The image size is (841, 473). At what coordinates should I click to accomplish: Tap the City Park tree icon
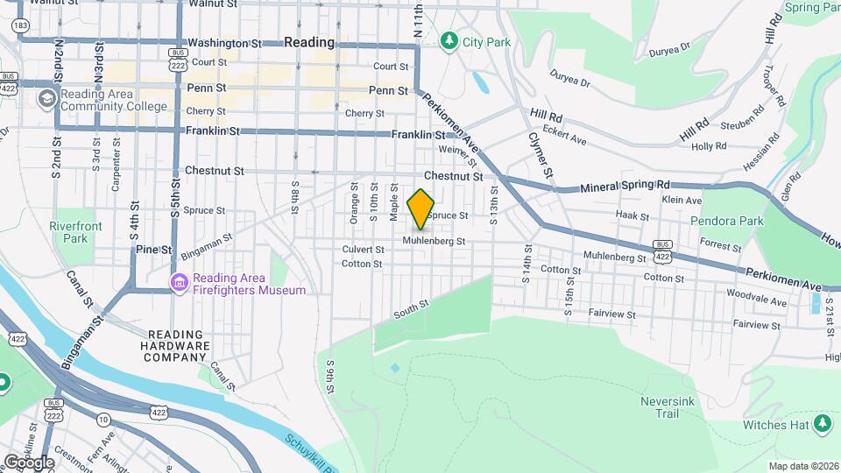[x=449, y=40]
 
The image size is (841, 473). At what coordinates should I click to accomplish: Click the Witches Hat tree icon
[x=822, y=425]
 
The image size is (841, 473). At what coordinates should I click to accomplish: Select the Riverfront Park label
[x=75, y=232]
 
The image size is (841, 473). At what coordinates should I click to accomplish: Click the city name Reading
[x=309, y=42]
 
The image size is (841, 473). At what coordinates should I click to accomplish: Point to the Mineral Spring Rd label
[x=625, y=186]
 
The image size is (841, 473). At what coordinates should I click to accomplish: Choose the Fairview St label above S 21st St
[x=756, y=324]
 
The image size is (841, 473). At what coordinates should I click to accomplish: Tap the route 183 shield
[x=19, y=25]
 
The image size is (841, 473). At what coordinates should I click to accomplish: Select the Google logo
[x=29, y=462]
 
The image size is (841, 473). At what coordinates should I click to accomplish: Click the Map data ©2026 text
[x=803, y=466]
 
